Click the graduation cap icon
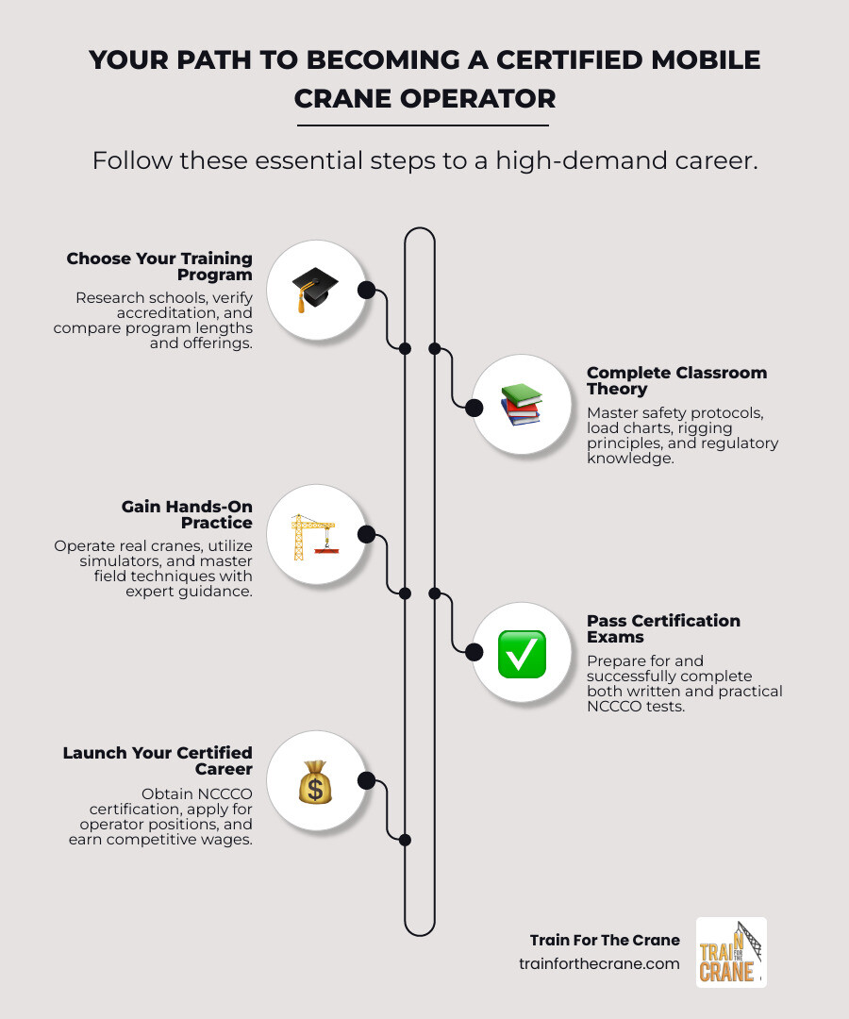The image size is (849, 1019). coord(315,290)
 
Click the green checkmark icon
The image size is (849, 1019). coord(521,653)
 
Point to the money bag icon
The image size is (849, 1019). coord(315,781)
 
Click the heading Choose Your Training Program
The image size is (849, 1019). coord(159,266)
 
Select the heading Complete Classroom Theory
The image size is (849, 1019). coord(676,380)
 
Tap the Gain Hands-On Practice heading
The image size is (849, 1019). coord(187,514)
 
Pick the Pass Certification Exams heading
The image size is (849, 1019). coord(663,628)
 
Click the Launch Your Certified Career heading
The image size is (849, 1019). coord(158,760)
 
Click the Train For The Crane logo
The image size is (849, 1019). coord(731,952)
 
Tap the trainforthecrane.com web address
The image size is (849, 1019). coord(599,963)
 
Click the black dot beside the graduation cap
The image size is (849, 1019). coord(367,290)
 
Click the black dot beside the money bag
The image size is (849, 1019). coord(367,780)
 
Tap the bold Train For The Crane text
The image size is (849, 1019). coord(605,940)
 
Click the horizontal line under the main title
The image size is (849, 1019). coord(423,125)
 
